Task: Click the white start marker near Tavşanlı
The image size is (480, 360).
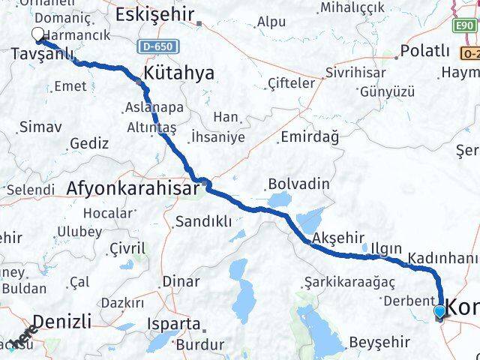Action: click(x=38, y=34)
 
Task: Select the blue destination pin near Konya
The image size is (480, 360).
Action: click(x=439, y=310)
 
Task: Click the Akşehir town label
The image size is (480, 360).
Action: click(x=332, y=237)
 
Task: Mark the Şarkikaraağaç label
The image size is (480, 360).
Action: click(x=347, y=282)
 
